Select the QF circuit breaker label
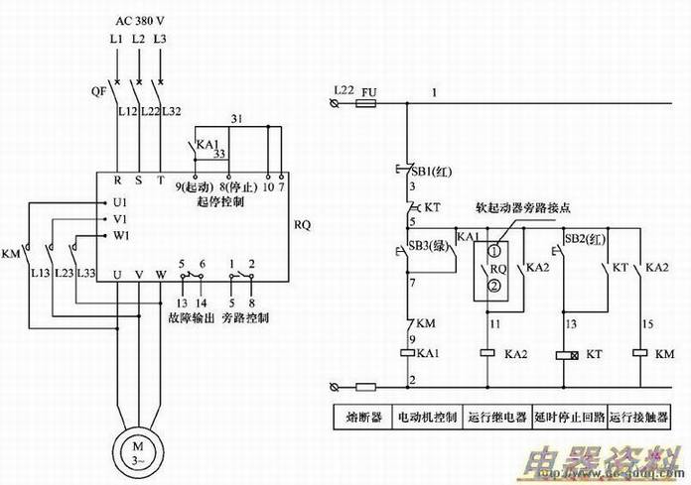tap(98, 88)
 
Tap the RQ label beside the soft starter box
tap(303, 225)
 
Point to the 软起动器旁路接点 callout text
tap(529, 208)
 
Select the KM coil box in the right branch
tap(639, 353)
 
